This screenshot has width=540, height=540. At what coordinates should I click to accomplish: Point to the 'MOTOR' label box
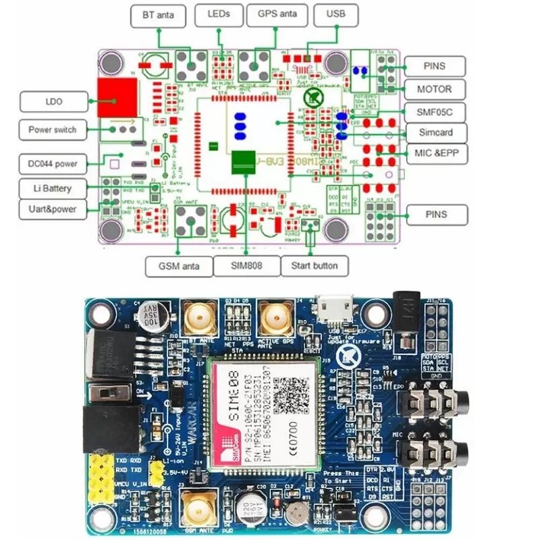[x=435, y=89]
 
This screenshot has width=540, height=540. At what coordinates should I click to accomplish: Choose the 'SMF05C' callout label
[x=435, y=111]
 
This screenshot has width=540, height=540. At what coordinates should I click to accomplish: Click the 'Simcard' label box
[x=435, y=132]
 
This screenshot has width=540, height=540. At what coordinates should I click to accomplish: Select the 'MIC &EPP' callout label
[x=435, y=153]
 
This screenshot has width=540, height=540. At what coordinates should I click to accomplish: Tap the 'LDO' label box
[x=54, y=102]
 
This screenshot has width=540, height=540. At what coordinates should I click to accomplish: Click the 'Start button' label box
[x=314, y=265]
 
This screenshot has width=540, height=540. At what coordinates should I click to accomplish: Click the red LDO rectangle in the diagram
[x=116, y=97]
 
